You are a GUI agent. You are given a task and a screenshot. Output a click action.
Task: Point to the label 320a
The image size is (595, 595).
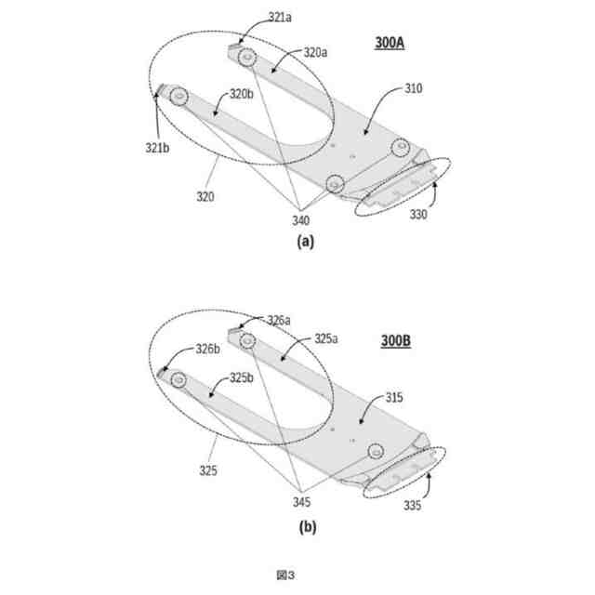pyautogui.click(x=316, y=53)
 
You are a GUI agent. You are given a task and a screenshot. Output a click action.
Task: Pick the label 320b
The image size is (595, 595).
pyautogui.click(x=242, y=94)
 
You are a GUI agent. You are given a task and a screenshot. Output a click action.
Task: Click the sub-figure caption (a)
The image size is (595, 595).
pyautogui.click(x=305, y=241)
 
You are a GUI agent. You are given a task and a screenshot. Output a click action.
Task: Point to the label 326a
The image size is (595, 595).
pyautogui.click(x=279, y=320)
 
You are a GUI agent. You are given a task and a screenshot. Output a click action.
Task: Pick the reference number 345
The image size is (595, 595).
pyautogui.click(x=302, y=503)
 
